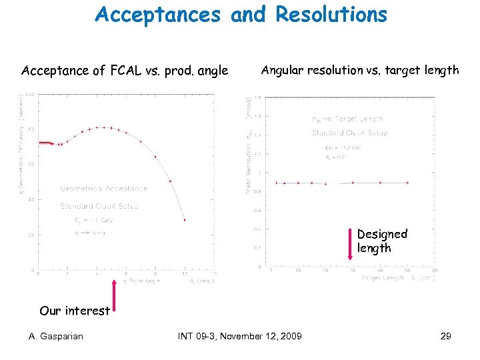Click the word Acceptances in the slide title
pos(158,15)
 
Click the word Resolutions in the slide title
pos(331,15)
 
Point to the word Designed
pos(382,234)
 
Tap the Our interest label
pos(75,310)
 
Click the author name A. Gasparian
pos(57,336)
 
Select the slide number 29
pos(445,336)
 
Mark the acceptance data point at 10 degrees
pos(185,220)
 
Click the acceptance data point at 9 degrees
pos(170,181)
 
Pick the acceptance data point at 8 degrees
pos(155,157)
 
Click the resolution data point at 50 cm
pos(407,183)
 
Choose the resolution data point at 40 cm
pos(380,183)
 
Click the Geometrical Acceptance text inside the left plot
pos(103,189)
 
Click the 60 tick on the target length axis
pos(435,271)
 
